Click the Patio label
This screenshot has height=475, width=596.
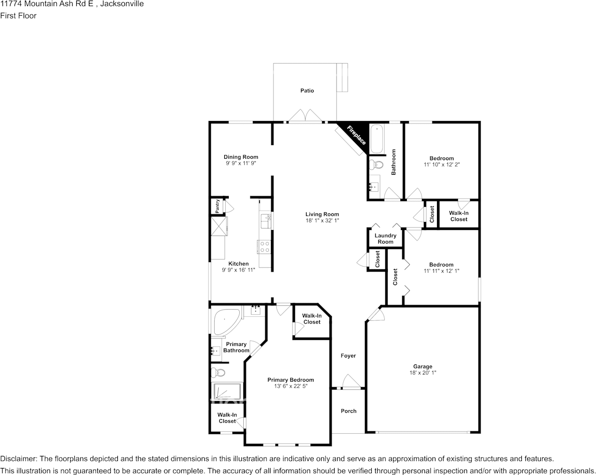[x=307, y=91]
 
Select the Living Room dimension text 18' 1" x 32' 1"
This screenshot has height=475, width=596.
[x=322, y=221]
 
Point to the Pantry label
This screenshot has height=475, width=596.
[x=217, y=206]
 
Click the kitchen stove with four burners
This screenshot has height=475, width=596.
[x=264, y=247]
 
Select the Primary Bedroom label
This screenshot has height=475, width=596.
[x=290, y=380]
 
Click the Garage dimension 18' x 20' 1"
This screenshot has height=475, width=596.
[x=422, y=373]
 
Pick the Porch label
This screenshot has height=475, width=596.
[x=349, y=411]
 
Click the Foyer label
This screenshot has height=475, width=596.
[x=348, y=355]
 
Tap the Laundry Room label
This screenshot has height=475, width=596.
[x=385, y=239]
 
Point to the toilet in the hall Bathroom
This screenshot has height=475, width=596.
[x=376, y=164]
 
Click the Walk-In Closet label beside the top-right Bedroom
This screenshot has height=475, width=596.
[x=459, y=216]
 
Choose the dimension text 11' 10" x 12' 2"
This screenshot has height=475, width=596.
[x=441, y=165]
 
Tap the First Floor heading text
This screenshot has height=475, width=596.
[x=18, y=16]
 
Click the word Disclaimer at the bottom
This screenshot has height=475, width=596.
[x=18, y=459]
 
